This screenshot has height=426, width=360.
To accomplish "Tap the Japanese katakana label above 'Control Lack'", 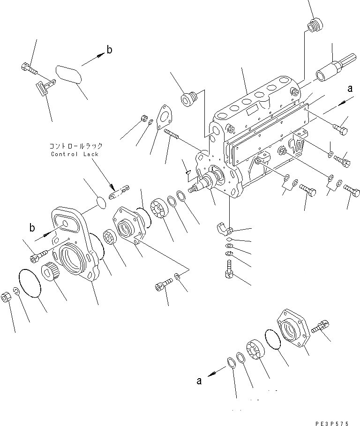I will click(76, 146).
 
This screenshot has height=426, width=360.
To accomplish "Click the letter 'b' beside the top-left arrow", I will click(109, 49).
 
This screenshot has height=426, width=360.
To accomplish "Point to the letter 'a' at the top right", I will click(350, 88).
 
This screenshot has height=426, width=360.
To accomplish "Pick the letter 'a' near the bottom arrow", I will click(199, 381).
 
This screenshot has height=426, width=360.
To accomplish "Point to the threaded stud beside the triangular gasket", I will click(173, 135).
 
